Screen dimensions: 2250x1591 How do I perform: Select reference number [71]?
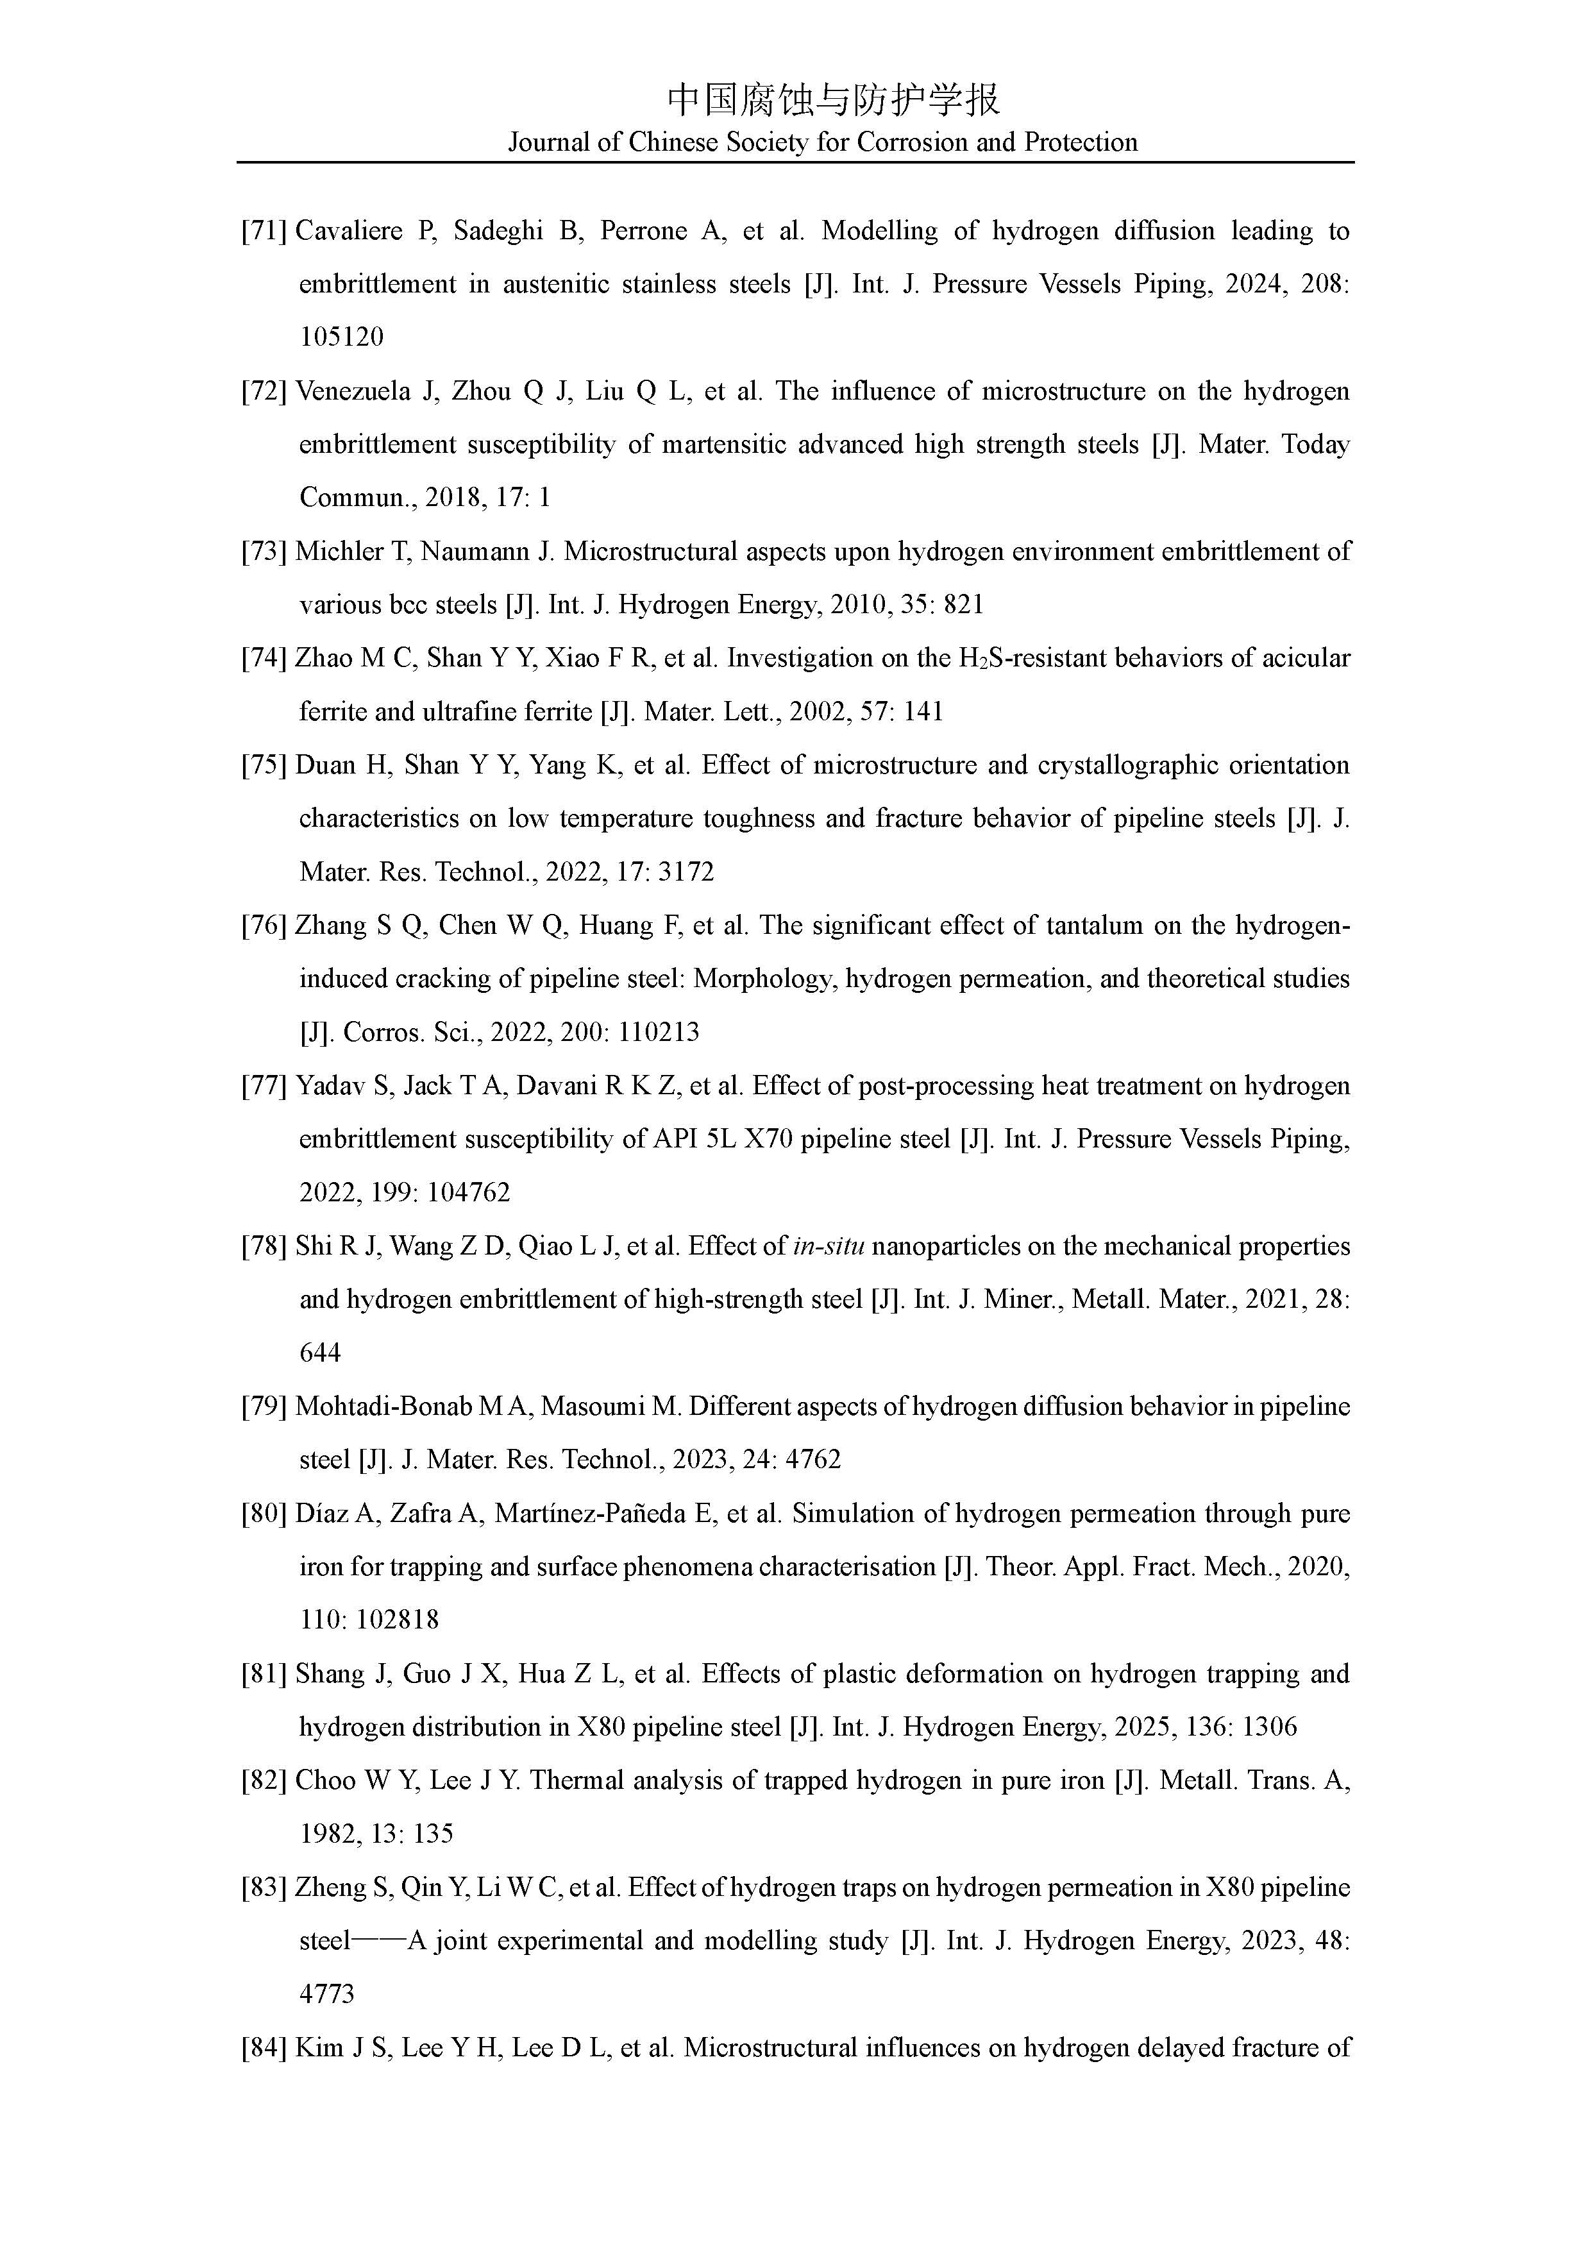(x=264, y=232)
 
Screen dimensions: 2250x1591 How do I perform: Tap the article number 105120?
(x=341, y=337)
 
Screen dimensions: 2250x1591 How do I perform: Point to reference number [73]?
(x=264, y=552)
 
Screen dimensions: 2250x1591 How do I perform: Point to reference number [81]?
(x=264, y=1674)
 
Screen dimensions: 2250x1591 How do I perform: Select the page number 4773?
(x=326, y=1994)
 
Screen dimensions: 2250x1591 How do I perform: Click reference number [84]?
(x=264, y=2048)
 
